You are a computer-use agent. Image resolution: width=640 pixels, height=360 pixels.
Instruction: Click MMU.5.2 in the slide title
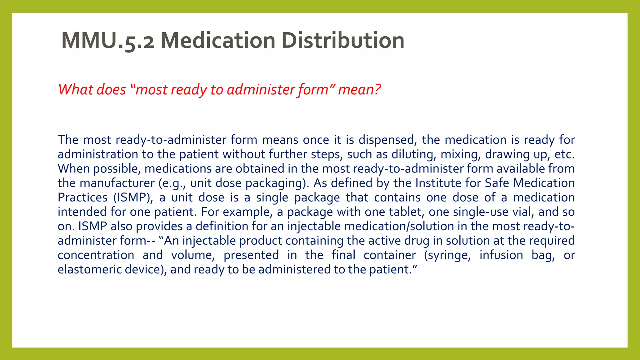point(108,41)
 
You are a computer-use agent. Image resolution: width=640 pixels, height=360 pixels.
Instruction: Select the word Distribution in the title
point(343,41)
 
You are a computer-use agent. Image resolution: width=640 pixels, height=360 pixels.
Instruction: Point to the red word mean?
point(359,90)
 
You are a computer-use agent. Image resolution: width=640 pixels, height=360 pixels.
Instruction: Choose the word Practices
point(82,197)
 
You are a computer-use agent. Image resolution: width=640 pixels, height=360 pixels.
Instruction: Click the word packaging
point(275,183)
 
